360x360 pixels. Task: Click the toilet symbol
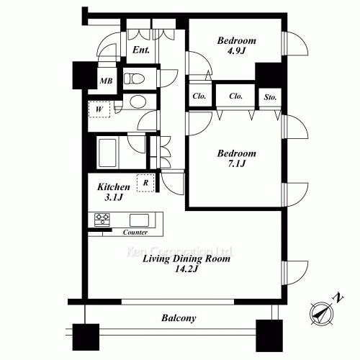(x=134, y=78)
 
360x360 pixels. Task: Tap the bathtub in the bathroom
(x=107, y=153)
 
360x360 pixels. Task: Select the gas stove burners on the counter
(x=102, y=220)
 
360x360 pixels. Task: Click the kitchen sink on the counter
(x=139, y=220)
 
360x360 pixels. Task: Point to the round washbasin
(x=138, y=102)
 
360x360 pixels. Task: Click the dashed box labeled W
(x=99, y=109)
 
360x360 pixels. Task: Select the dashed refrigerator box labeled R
(x=145, y=183)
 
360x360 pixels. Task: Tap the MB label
(x=106, y=81)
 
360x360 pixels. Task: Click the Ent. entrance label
(x=141, y=50)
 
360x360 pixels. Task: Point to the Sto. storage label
(x=270, y=97)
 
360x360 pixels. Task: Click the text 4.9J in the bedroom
(x=236, y=50)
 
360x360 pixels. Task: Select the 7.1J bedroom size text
(x=237, y=163)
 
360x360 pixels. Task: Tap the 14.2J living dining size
(x=186, y=269)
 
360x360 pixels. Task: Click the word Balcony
(x=179, y=318)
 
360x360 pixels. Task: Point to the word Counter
(x=135, y=233)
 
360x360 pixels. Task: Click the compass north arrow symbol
(x=321, y=313)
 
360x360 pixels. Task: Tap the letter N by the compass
(x=338, y=298)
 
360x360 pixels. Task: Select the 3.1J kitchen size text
(x=114, y=197)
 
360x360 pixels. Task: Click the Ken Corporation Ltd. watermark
(x=180, y=251)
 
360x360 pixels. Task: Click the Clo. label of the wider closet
(x=235, y=96)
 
